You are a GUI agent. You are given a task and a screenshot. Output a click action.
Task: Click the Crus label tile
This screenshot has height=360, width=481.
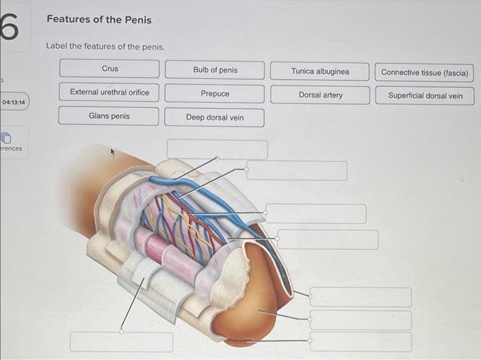tap(109, 69)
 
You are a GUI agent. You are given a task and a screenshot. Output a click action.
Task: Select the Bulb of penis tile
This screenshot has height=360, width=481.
tap(214, 70)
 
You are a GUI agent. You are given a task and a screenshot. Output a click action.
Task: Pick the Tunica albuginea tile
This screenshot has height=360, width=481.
tap(320, 71)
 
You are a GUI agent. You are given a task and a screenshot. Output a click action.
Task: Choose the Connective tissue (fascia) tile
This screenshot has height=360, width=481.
tap(425, 72)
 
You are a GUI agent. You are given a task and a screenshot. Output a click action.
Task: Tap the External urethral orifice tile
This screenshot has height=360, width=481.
tap(109, 92)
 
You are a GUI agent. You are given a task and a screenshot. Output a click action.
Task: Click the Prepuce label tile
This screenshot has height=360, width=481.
tap(214, 93)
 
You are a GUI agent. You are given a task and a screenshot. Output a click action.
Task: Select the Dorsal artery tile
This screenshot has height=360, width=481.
tap(320, 95)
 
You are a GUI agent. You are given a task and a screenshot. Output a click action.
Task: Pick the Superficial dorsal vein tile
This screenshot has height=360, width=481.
tap(425, 95)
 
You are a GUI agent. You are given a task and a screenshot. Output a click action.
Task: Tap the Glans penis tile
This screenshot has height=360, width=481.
tap(109, 116)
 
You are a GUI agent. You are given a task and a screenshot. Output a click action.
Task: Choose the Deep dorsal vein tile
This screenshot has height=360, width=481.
tap(214, 117)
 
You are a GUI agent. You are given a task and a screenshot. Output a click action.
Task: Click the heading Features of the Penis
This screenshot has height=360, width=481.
tap(99, 19)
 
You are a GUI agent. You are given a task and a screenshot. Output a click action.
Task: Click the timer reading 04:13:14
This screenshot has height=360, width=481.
tap(14, 102)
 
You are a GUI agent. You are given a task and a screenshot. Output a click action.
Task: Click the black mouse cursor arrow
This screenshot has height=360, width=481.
tap(115, 152)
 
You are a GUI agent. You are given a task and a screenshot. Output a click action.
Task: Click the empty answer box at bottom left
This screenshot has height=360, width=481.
tap(122, 341)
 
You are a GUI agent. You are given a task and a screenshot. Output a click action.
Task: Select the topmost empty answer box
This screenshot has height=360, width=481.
tap(217, 149)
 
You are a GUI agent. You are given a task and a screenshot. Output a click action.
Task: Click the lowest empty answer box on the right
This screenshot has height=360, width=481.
tap(361, 341)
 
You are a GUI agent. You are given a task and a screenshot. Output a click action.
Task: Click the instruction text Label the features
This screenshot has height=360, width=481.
tap(105, 46)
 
